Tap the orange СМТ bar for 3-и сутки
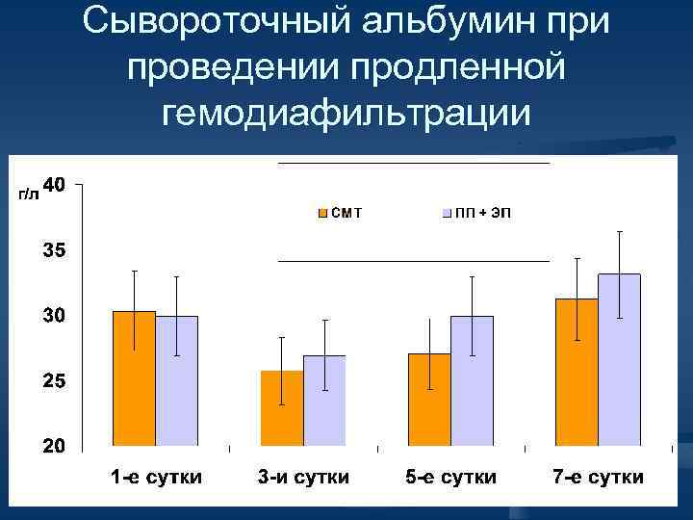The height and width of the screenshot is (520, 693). click(282, 409)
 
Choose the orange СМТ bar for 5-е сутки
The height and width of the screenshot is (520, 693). click(429, 401)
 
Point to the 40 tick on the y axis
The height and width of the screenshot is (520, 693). click(55, 184)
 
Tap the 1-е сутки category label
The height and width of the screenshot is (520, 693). click(156, 478)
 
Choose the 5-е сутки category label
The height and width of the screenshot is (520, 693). click(451, 478)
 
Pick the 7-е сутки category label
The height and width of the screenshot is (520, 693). click(599, 478)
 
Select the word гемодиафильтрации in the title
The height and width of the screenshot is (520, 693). click(346, 113)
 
